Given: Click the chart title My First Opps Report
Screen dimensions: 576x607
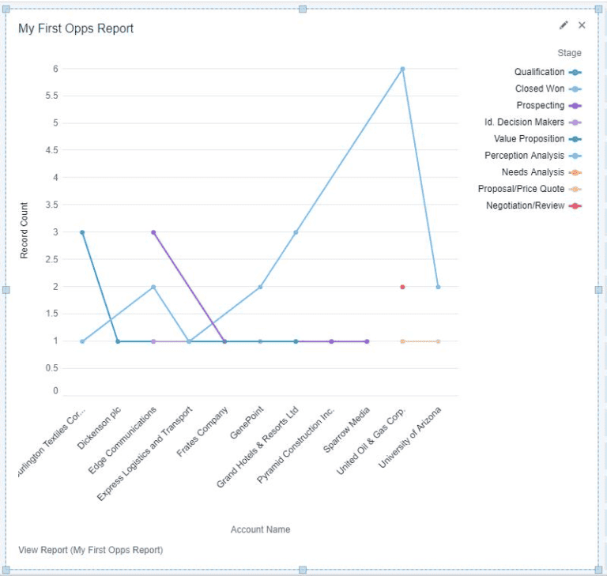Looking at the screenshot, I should click(x=76, y=28).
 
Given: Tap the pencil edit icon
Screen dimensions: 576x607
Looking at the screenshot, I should click(x=564, y=25).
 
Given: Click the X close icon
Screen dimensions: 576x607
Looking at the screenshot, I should click(x=582, y=25).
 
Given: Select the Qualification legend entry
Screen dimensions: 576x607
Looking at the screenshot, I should click(x=539, y=72).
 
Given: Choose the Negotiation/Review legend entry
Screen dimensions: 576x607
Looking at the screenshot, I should click(x=526, y=205).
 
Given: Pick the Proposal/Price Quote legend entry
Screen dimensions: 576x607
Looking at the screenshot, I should click(x=522, y=189).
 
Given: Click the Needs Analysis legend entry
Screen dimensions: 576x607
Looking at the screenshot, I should click(x=533, y=172).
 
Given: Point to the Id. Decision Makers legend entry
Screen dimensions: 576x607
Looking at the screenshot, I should click(x=525, y=122).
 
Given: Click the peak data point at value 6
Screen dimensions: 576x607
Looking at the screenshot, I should click(x=402, y=69).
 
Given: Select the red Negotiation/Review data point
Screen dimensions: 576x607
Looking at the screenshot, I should click(x=402, y=287).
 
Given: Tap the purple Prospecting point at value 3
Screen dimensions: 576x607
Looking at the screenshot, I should click(x=153, y=232).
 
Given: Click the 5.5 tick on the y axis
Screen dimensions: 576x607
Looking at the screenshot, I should click(x=51, y=96).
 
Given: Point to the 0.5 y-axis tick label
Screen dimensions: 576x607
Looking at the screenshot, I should click(x=51, y=368).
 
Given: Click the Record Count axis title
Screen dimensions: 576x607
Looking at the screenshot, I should click(x=25, y=232).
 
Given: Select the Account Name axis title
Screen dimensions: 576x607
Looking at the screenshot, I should click(x=260, y=529).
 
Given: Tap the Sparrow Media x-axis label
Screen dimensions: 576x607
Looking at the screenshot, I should click(x=345, y=431).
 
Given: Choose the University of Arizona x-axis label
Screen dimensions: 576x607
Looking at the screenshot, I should click(x=411, y=437).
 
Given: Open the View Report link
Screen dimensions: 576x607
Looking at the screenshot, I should click(x=90, y=550).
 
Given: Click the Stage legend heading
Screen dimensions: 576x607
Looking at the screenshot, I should click(x=569, y=53).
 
